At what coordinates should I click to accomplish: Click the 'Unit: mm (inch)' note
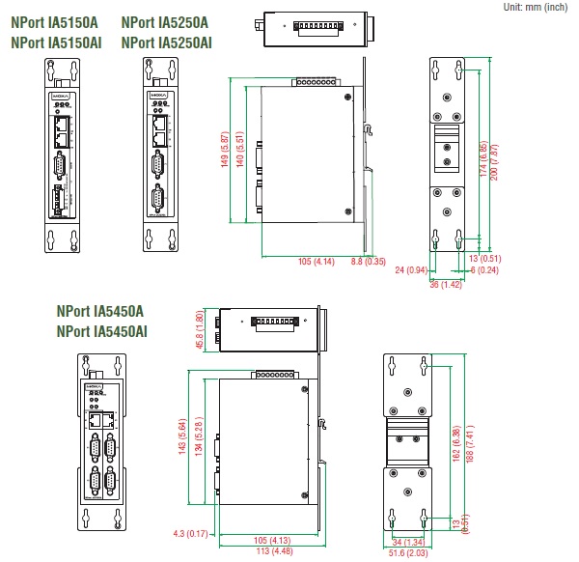coord(536,7)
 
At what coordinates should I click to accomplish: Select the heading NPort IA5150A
coord(54,21)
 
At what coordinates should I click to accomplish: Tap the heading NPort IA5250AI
coord(167,42)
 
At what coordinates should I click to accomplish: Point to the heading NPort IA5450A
coord(99,311)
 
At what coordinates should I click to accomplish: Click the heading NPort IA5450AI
coord(102,331)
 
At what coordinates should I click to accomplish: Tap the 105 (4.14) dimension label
coord(317,262)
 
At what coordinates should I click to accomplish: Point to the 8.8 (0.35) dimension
coord(369,262)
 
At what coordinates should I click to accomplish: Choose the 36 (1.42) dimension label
coord(446,284)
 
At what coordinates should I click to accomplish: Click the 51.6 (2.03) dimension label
coord(410,554)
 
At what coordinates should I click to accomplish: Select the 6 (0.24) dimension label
coord(486,270)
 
